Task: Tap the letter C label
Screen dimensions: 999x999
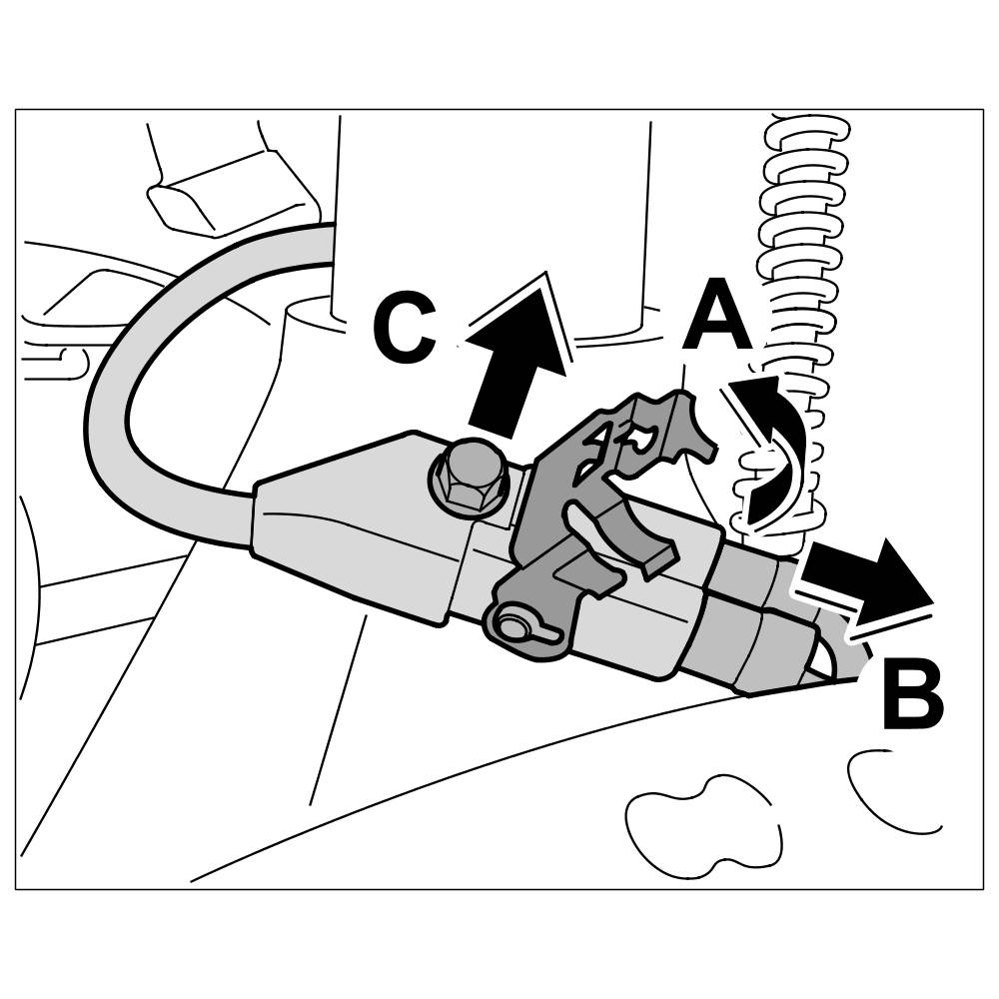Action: (404, 327)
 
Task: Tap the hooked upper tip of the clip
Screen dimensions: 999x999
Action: (689, 420)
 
